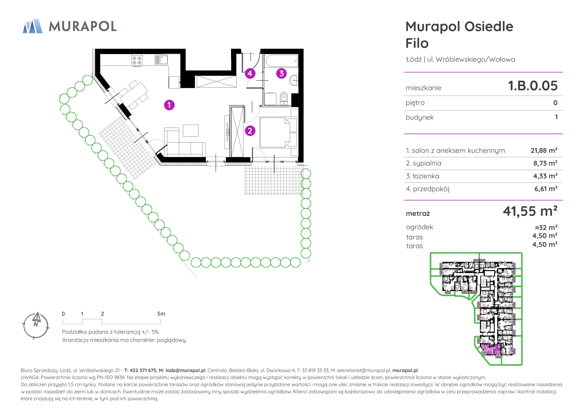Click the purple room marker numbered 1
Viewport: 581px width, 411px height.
click(169, 105)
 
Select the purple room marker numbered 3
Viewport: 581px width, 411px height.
click(281, 73)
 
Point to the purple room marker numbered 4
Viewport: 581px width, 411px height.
click(250, 73)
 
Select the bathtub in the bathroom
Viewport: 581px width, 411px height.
click(282, 61)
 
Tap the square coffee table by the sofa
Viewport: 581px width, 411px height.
click(190, 131)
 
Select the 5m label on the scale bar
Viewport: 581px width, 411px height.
click(161, 314)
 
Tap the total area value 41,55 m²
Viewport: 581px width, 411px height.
click(530, 211)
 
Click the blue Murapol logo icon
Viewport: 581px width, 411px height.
click(32, 26)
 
